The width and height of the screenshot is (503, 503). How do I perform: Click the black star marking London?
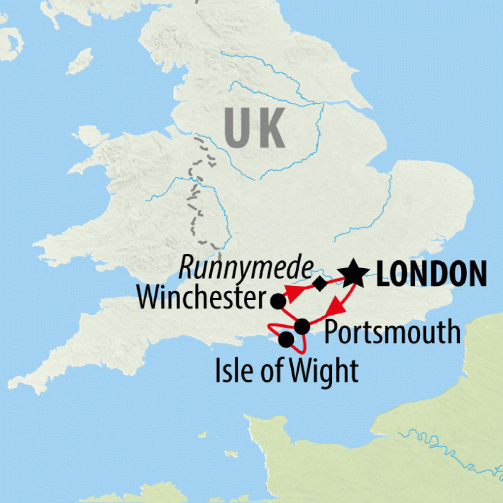tap(354, 275)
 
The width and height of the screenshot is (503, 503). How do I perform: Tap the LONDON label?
tap(431, 275)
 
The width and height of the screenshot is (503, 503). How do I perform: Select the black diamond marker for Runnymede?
tap(320, 283)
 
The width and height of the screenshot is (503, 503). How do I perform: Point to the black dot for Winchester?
tap(279, 301)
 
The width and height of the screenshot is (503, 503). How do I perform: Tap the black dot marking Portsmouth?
tap(302, 326)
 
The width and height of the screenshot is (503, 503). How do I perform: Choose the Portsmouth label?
tap(392, 333)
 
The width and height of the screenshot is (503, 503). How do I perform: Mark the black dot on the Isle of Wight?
tap(286, 339)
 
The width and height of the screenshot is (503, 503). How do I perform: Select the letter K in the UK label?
tap(272, 129)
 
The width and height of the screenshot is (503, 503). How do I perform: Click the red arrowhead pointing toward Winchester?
tap(294, 294)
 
